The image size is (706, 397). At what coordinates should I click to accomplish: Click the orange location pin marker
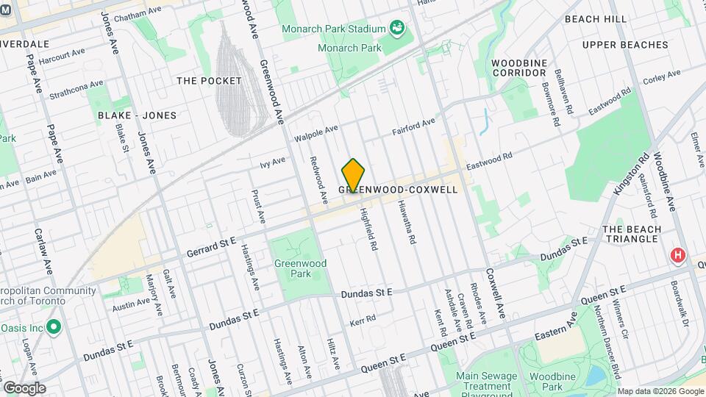(354, 176)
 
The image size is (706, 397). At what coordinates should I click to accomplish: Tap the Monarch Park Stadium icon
(398, 29)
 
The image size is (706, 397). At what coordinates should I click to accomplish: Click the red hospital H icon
(677, 255)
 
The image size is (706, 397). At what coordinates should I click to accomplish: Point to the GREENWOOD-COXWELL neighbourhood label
(398, 190)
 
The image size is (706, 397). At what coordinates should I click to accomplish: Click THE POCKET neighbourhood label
(209, 80)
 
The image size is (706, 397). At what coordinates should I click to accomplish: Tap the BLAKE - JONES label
(137, 115)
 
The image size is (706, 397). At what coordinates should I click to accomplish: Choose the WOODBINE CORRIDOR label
(519, 68)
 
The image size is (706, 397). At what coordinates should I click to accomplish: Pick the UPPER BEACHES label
(624, 45)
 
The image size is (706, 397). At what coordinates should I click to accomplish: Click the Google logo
(24, 387)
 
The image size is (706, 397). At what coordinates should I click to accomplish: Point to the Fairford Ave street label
(413, 125)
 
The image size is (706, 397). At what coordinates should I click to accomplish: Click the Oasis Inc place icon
(53, 326)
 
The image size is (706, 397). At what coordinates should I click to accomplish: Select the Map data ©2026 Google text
(660, 391)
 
